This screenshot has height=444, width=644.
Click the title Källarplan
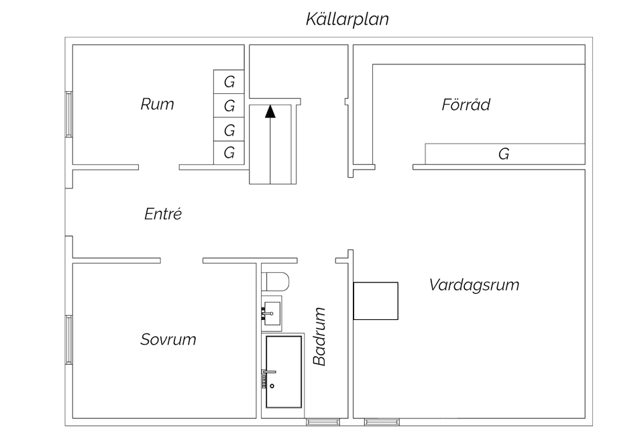click(x=347, y=19)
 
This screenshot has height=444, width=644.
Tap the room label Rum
click(x=157, y=104)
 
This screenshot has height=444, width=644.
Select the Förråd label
click(x=466, y=105)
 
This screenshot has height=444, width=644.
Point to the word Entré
click(x=163, y=214)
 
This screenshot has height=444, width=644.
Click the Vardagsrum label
click(x=474, y=284)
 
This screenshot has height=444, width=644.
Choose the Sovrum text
click(x=168, y=339)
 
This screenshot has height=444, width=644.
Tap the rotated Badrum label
click(x=320, y=336)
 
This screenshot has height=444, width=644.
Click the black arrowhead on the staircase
click(x=270, y=111)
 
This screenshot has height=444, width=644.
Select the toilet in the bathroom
click(x=275, y=281)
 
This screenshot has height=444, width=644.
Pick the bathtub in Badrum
click(x=282, y=372)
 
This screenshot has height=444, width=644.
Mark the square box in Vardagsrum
click(x=376, y=300)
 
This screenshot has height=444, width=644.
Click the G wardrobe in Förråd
click(x=504, y=154)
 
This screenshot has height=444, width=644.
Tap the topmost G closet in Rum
click(x=229, y=82)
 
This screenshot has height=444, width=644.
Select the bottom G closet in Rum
click(x=229, y=153)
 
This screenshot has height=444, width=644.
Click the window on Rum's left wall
click(x=68, y=114)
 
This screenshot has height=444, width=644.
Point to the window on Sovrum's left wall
click(x=68, y=339)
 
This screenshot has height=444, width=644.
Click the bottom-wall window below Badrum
click(x=318, y=422)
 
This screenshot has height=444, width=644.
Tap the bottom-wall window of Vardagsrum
click(x=382, y=422)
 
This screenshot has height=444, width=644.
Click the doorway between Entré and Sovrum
click(x=181, y=260)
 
